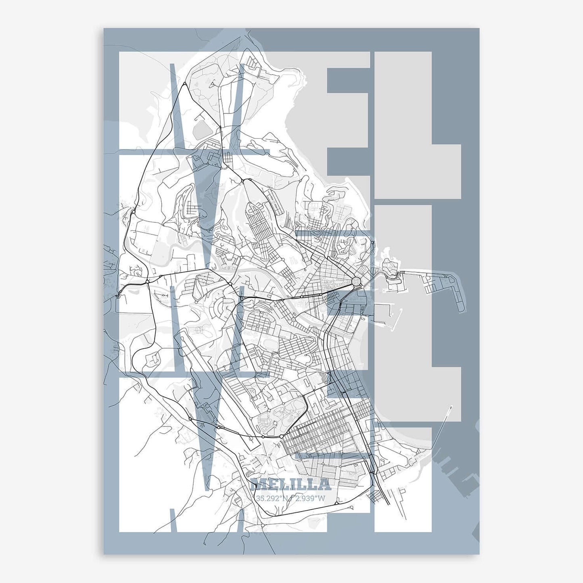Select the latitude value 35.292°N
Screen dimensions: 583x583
click(273, 498)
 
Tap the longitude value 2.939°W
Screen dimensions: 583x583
click(309, 498)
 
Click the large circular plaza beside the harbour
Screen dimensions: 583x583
click(356, 281)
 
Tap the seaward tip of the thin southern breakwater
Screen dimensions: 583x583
click(450, 407)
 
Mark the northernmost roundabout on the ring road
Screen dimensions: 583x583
click(184, 84)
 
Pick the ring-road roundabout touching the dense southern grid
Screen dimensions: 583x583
click(281, 437)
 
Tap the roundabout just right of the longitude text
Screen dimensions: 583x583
click(336, 503)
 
